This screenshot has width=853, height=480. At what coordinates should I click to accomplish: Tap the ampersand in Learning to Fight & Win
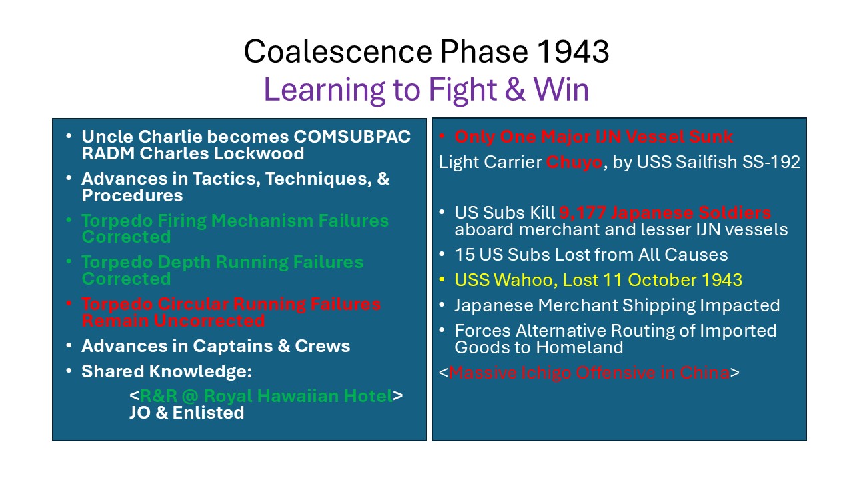coord(515,90)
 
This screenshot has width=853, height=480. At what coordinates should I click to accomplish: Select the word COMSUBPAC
coord(352,137)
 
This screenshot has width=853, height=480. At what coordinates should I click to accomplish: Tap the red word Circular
coord(193,304)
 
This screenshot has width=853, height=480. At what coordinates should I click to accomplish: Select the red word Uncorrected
coord(209,321)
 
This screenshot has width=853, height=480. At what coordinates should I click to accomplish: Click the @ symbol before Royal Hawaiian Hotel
coord(190,396)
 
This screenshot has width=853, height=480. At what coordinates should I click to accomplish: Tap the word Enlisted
coord(208,413)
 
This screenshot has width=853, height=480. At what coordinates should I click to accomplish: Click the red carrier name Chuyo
coord(574,163)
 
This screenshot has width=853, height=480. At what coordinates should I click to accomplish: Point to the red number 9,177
coord(582,213)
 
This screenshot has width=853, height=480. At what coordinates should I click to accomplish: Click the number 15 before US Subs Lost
coord(464,255)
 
